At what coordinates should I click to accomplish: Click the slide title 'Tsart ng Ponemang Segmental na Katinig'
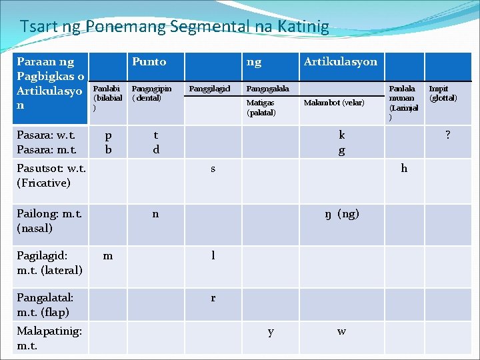[x=174, y=27]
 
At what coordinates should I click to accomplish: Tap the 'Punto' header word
[x=149, y=62]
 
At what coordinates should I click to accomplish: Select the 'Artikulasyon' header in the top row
[x=340, y=62]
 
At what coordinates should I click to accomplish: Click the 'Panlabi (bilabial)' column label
[x=107, y=97]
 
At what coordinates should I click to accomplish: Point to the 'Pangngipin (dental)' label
[x=151, y=93]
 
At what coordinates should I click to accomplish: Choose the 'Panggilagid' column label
[x=210, y=89]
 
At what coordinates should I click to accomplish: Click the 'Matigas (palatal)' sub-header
[x=261, y=107]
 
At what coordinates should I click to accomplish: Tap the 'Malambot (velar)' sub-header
[x=334, y=103]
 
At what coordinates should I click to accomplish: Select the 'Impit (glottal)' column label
[x=443, y=93]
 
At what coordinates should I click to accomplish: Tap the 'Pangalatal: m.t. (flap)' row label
[x=45, y=304]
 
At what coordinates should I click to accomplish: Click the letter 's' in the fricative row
[x=213, y=169]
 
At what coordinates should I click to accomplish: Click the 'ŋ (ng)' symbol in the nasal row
[x=341, y=214]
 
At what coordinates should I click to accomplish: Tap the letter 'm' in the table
[x=108, y=255]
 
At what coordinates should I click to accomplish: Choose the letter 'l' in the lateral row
[x=213, y=255]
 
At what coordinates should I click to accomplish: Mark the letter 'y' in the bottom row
[x=270, y=331]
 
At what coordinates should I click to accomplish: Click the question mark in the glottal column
[x=447, y=135]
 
